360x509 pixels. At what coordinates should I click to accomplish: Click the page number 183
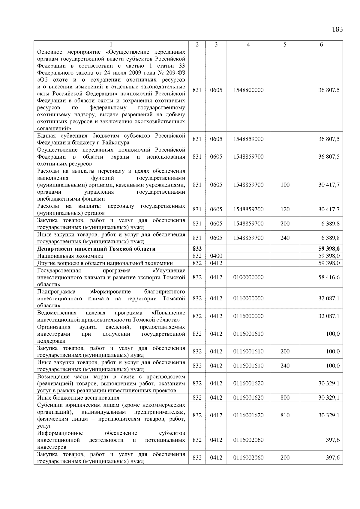pyautogui.click(x=337, y=29)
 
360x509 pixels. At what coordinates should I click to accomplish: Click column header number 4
pyautogui.click(x=248, y=45)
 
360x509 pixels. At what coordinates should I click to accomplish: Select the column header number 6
pyautogui.click(x=321, y=45)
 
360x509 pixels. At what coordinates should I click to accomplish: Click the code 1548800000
pyautogui.click(x=248, y=90)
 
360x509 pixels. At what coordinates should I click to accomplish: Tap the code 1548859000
pyautogui.click(x=248, y=139)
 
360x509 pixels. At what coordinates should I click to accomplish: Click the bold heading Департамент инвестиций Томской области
pyautogui.click(x=96, y=249)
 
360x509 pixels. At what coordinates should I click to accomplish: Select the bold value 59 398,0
pyautogui.click(x=329, y=249)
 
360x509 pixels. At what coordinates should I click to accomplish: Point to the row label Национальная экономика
pyautogui.click(x=70, y=256)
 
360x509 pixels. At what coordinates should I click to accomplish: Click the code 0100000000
pyautogui.click(x=248, y=277)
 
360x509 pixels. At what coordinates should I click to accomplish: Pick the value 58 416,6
pyautogui.click(x=329, y=277)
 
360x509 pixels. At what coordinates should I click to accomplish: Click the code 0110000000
pyautogui.click(x=248, y=299)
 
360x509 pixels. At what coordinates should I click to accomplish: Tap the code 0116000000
pyautogui.click(x=248, y=316)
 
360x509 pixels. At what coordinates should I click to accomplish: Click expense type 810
pyautogui.click(x=285, y=415)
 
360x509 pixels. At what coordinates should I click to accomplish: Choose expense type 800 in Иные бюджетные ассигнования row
pyautogui.click(x=285, y=398)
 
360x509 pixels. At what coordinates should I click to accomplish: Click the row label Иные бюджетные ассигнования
pyautogui.click(x=78, y=398)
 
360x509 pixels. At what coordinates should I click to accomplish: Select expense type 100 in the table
pyautogui.click(x=285, y=185)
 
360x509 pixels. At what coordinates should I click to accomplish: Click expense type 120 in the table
pyautogui.click(x=285, y=210)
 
